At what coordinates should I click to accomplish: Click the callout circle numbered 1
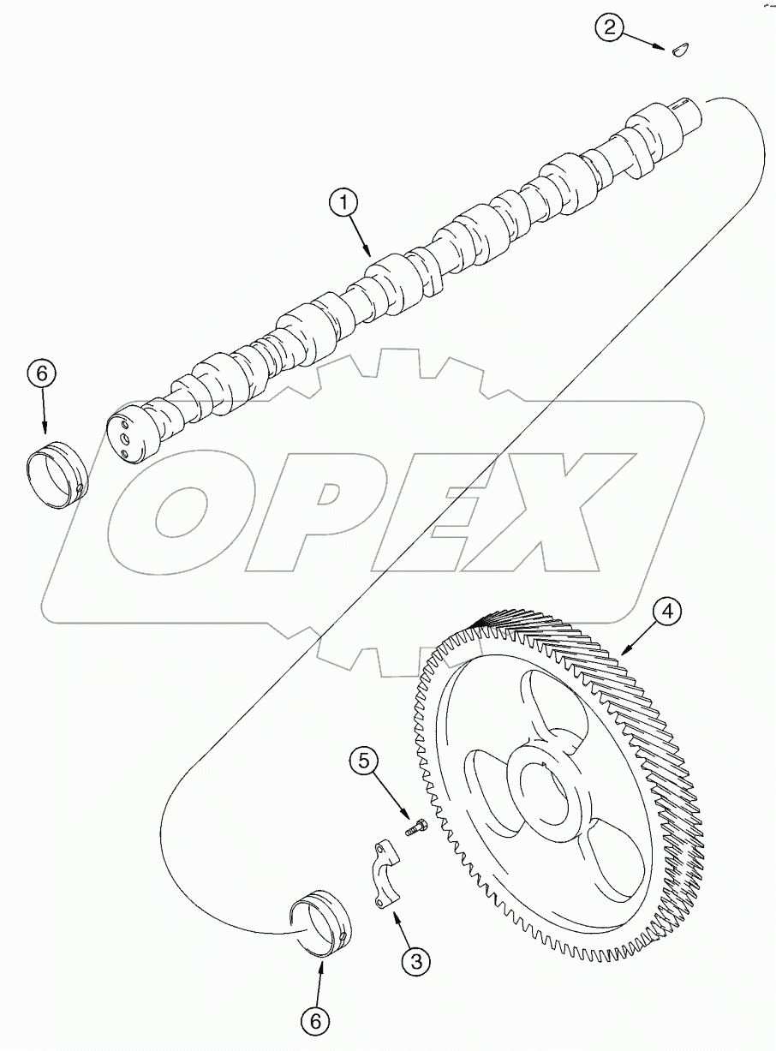345,203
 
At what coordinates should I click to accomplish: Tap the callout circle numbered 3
416,961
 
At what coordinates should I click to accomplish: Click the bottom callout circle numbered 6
314,1020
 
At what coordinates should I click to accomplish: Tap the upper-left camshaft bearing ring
54,472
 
